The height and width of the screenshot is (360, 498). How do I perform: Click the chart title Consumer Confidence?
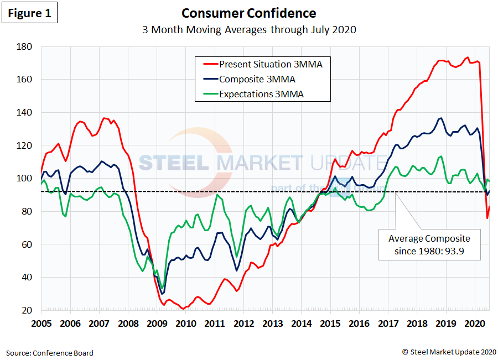248,13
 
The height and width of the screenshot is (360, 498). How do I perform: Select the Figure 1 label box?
29,13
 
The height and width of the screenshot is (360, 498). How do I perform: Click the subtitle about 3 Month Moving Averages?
248,30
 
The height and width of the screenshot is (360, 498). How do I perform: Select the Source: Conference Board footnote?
50,352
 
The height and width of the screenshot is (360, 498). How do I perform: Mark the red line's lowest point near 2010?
183,309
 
